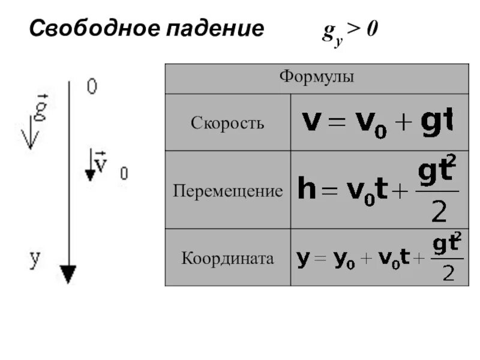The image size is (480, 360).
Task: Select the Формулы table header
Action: [316, 77]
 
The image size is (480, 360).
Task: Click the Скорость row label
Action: [227, 123]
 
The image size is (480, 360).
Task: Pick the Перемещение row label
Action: [227, 191]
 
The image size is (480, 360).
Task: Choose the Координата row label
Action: [227, 259]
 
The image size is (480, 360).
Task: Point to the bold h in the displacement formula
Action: [307, 191]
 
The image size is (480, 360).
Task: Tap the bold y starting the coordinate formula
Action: [303, 259]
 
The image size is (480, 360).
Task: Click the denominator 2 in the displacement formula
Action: [440, 211]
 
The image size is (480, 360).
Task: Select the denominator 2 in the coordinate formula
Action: [448, 274]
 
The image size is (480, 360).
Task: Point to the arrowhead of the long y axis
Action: [69, 274]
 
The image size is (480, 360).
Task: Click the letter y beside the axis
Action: [35, 259]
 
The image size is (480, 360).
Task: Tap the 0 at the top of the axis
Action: [92, 87]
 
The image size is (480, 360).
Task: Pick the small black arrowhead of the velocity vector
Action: [90, 175]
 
